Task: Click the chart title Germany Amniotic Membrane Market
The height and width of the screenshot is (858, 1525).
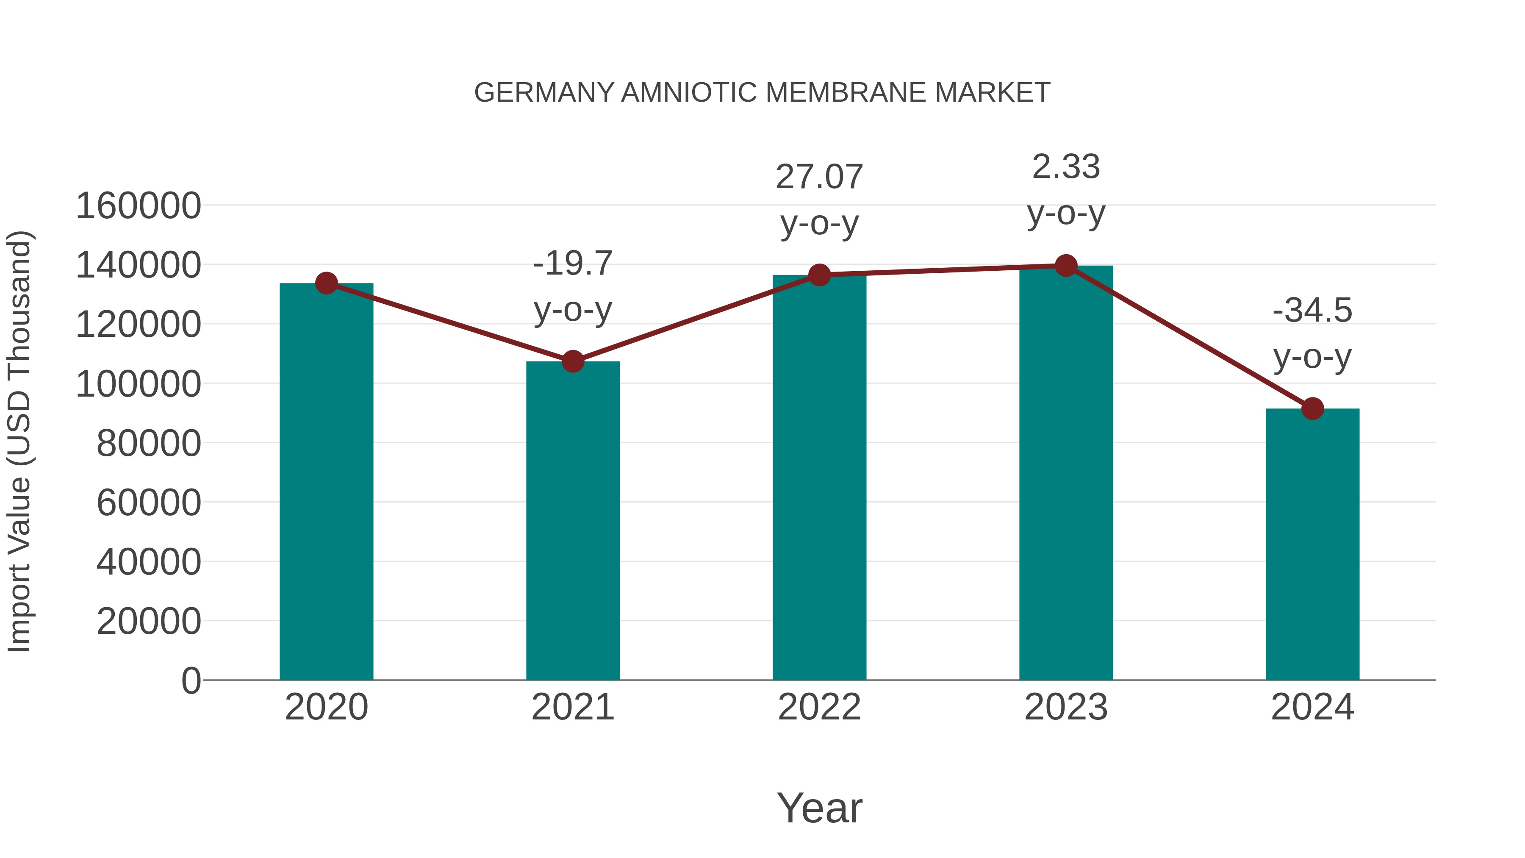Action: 762,93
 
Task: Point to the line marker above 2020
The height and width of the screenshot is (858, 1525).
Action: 326,283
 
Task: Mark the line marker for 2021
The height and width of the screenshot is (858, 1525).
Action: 572,361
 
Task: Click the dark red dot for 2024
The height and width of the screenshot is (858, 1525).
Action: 1312,408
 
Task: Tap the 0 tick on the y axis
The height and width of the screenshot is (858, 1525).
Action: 191,680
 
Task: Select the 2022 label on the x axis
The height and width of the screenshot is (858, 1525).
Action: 819,707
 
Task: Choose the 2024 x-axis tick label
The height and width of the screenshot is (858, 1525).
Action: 1312,707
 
